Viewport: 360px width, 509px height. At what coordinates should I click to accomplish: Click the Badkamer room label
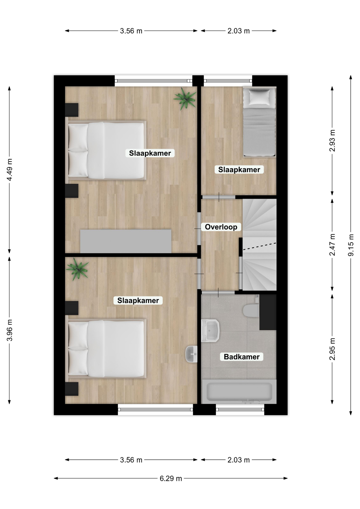[x=242, y=357]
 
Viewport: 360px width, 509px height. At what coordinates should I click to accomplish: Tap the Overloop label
[x=221, y=227]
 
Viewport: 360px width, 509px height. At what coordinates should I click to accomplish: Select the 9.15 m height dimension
[x=351, y=245]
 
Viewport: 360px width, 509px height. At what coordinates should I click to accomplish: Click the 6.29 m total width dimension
[x=171, y=479]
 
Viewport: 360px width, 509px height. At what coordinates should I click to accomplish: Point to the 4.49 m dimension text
[x=10, y=170]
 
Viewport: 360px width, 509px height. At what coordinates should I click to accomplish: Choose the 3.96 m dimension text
[x=10, y=330]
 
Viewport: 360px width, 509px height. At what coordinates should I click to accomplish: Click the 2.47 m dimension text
[x=332, y=245]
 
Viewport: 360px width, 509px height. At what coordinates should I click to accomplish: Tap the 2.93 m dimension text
[x=332, y=141]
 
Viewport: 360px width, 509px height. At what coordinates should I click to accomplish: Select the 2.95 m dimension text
[x=332, y=349]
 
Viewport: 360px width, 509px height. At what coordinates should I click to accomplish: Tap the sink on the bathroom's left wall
[x=210, y=331]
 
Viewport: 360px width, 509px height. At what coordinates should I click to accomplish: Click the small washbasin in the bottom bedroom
[x=191, y=354]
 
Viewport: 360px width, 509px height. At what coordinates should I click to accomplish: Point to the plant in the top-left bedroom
[x=185, y=99]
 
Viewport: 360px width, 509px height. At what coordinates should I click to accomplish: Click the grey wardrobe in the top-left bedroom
[x=126, y=241]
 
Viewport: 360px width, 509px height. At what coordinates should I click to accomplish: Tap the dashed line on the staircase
[x=260, y=246]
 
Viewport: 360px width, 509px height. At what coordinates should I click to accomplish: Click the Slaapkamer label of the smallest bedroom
[x=239, y=170]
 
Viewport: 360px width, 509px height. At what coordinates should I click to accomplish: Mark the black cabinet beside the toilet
[x=268, y=312]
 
